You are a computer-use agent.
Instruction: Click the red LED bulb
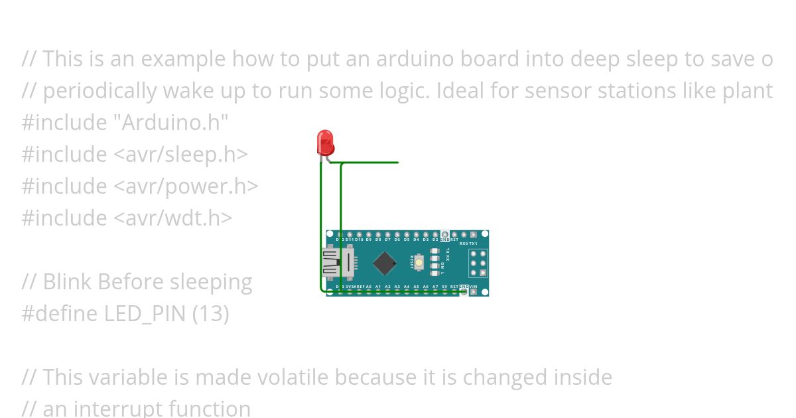[325, 142]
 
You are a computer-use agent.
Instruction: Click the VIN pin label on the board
[473, 287]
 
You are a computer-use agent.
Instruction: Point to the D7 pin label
[387, 240]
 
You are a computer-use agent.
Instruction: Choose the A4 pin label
[407, 287]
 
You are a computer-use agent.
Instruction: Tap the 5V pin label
[444, 287]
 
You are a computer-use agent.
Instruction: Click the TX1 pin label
[473, 244]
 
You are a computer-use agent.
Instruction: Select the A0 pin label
[368, 287]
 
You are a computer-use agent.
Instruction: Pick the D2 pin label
[435, 240]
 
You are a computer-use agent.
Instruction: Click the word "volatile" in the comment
[292, 378]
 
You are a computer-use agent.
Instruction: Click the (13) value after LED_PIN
[210, 314]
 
